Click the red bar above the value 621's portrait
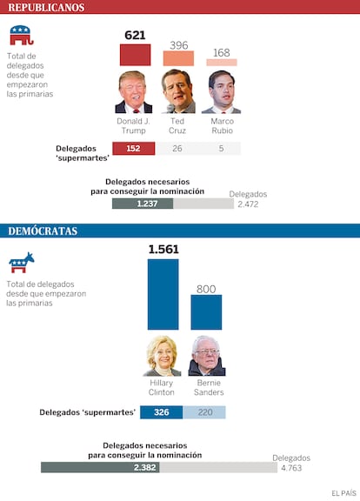point(135,55)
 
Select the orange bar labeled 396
point(178,58)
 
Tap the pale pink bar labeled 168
point(222,63)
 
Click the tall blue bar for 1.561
point(163,294)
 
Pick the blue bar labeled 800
point(206,312)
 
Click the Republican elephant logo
point(22,35)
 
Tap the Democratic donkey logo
point(22,263)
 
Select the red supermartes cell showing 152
point(134,148)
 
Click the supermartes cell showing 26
point(177,148)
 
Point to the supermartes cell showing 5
point(220,148)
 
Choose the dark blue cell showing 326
point(162,412)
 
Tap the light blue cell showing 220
point(204,412)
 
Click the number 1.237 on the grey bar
point(147,204)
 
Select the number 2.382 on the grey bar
point(144,467)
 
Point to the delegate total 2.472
point(248,204)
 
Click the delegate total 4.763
point(291,468)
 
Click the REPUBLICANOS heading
point(46,7)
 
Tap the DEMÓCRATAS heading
point(43,231)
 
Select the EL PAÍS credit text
point(343,493)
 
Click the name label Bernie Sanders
point(209,388)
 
